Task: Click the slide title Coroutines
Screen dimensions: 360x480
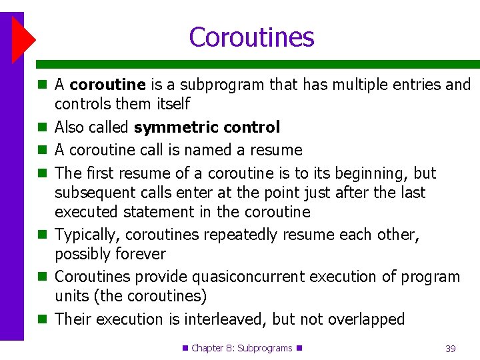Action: tap(251, 37)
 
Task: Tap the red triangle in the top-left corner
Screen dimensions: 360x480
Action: tap(22, 40)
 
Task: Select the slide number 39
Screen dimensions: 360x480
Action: tap(451, 349)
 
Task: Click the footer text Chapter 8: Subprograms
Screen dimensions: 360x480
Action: tap(242, 348)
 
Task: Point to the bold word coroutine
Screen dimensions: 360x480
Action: tap(107, 85)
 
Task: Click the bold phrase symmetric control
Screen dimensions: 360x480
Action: tap(207, 127)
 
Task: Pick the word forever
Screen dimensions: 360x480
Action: tap(140, 254)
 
